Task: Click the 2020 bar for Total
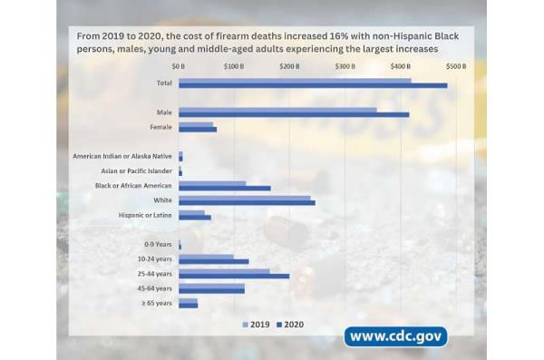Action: pos(313,85)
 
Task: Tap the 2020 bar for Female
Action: pos(198,130)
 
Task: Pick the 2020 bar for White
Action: pos(247,202)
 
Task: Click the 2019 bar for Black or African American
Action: pos(212,184)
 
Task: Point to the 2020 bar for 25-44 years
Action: pos(234,276)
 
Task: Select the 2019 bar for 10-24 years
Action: pos(206,257)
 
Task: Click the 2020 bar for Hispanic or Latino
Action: pos(195,218)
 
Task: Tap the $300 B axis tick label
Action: pos(345,66)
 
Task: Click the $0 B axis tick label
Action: pos(178,66)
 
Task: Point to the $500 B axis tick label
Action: pos(456,66)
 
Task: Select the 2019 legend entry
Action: pos(257,324)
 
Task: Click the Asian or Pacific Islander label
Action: pos(136,170)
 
